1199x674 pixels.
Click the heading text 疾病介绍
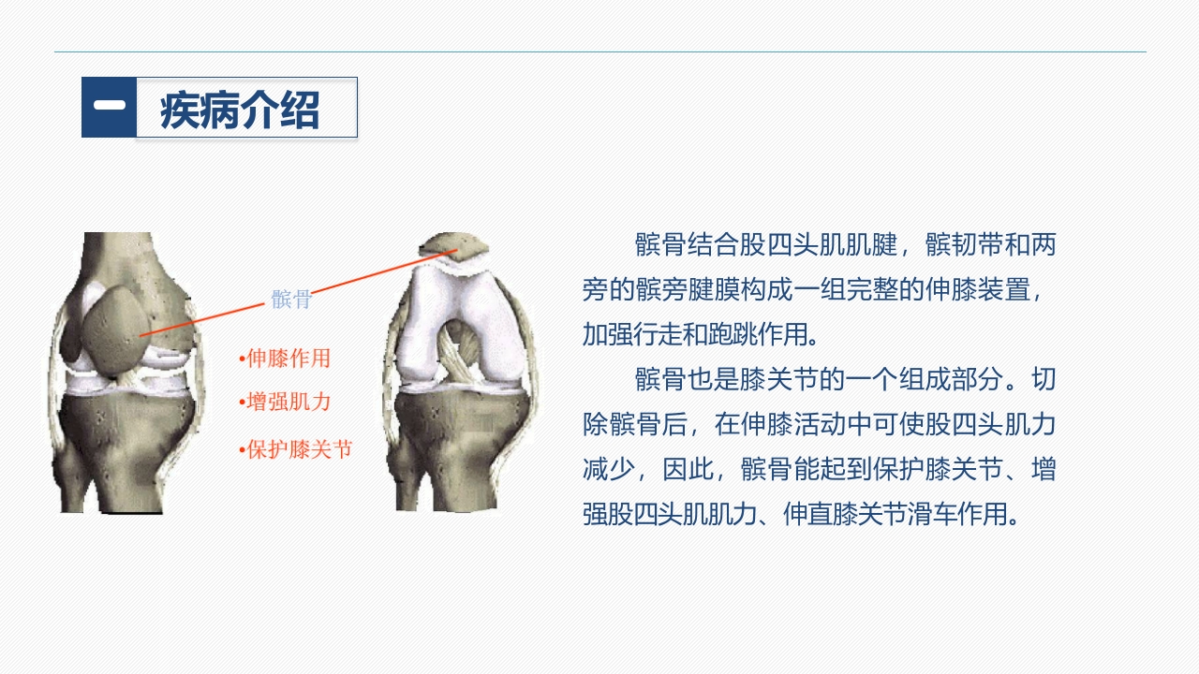240,110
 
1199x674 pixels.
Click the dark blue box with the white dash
109,108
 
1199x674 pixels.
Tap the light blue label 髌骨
291,300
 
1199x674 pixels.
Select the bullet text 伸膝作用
288,359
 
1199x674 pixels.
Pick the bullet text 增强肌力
288,403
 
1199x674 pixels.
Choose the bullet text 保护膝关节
299,449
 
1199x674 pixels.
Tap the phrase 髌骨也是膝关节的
727,379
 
